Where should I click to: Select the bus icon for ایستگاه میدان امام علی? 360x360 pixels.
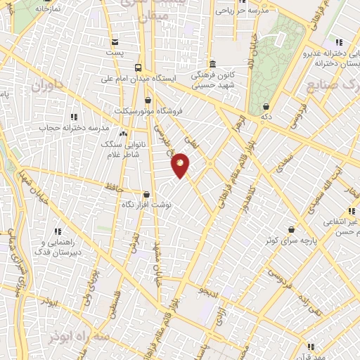click(x=139, y=68)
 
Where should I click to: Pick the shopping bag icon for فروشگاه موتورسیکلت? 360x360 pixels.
click(x=148, y=101)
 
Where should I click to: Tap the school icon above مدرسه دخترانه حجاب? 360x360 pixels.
click(x=74, y=117)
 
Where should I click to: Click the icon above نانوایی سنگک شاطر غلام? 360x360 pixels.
click(x=123, y=133)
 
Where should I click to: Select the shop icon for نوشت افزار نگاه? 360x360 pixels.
click(x=147, y=194)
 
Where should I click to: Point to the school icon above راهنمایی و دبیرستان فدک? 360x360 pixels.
click(x=58, y=231)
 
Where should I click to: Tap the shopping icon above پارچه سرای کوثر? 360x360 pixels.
click(x=291, y=229)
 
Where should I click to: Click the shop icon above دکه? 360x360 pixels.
click(x=266, y=107)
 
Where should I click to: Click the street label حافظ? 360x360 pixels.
click(x=111, y=186)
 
